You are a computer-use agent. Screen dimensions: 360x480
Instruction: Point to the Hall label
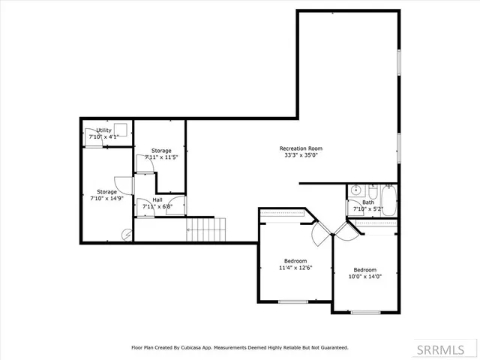[157, 199]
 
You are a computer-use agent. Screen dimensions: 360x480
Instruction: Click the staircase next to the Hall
[205, 229]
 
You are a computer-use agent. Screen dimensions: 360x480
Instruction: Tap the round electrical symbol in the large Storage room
[127, 235]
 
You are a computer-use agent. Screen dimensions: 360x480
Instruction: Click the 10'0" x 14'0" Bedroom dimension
[364, 277]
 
